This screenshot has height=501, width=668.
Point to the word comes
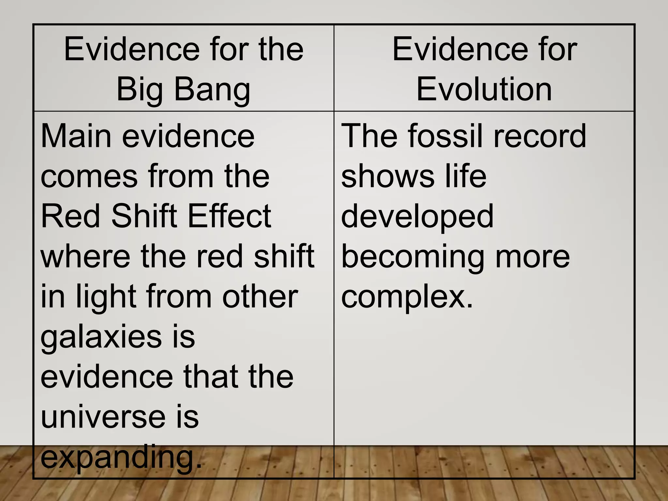(x=89, y=176)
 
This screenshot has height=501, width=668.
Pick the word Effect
(x=229, y=216)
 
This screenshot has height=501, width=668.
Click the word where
(x=85, y=256)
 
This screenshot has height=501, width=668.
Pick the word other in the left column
(x=260, y=297)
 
